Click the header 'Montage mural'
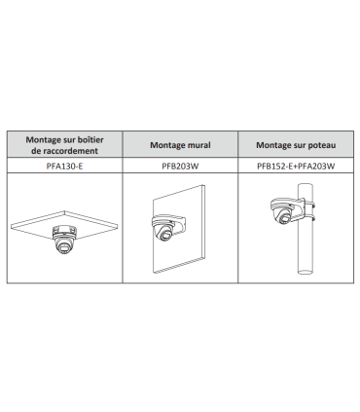pyautogui.click(x=180, y=145)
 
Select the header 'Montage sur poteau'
pyautogui.click(x=296, y=145)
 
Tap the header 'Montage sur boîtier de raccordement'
pyautogui.click(x=65, y=145)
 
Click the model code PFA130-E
pyautogui.click(x=64, y=166)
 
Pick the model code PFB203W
pyautogui.click(x=180, y=166)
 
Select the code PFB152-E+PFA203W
pyautogui.click(x=296, y=166)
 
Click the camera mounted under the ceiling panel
pyautogui.click(x=64, y=240)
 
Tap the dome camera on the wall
pyautogui.click(x=162, y=228)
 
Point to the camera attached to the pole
pyautogui.click(x=281, y=211)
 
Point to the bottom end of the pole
pyautogui.click(x=306, y=271)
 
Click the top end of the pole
pyautogui.click(x=306, y=186)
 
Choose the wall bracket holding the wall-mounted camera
pyautogui.click(x=177, y=221)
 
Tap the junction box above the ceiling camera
pyautogui.click(x=64, y=231)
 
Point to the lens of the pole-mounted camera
pyautogui.click(x=284, y=218)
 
